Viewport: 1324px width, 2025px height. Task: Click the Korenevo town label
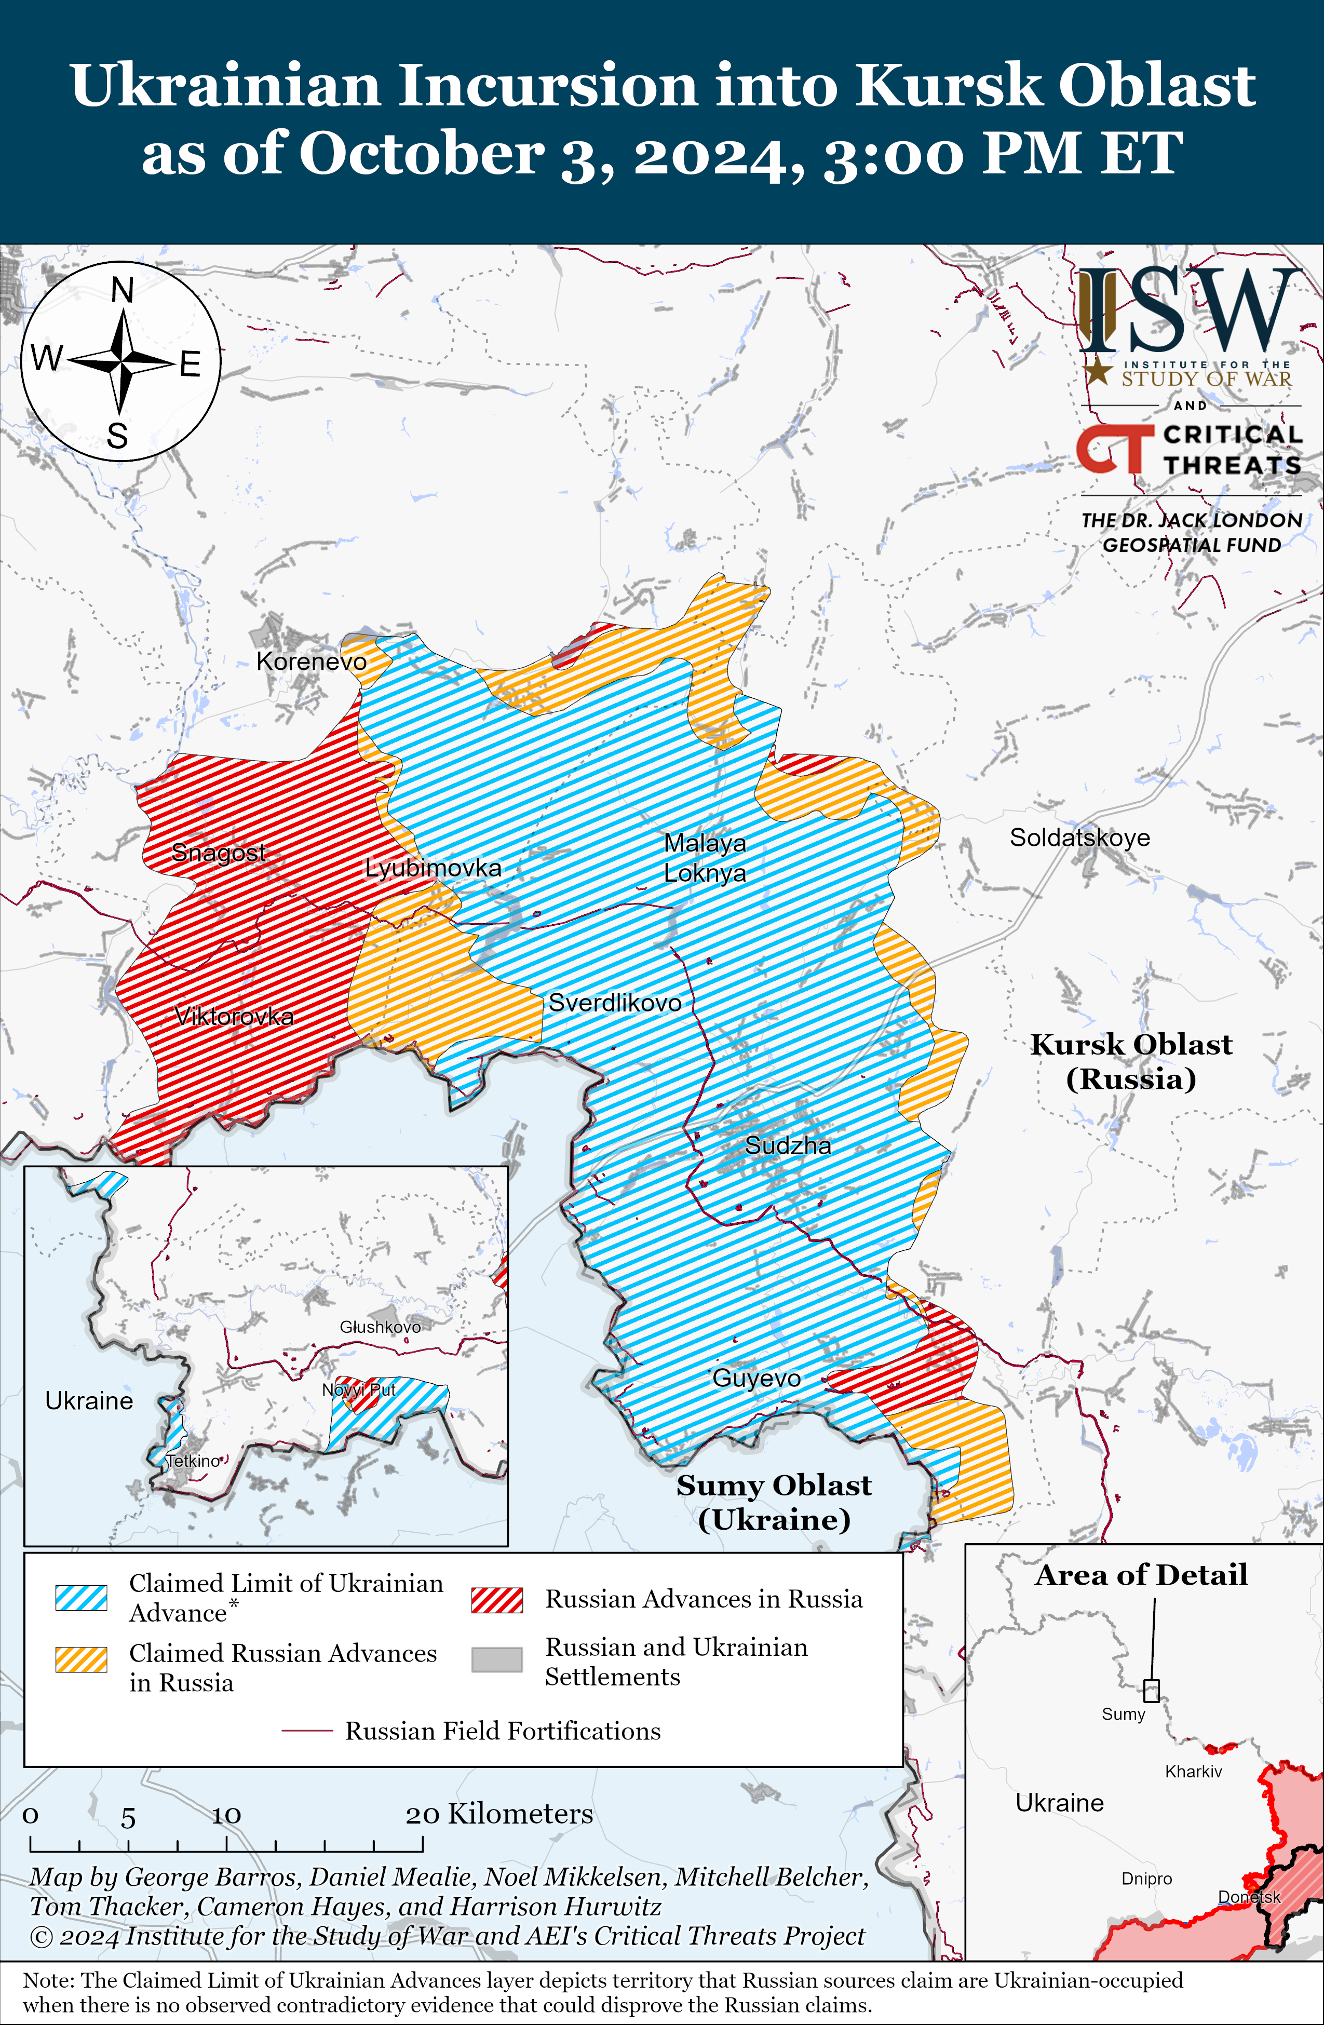pyautogui.click(x=312, y=661)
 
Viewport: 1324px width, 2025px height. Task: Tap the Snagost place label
pyautogui.click(x=219, y=852)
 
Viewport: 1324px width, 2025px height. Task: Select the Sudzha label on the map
pyautogui.click(x=788, y=1145)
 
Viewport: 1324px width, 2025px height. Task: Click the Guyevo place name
pyautogui.click(x=756, y=1378)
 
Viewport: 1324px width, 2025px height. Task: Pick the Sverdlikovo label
pyautogui.click(x=614, y=1002)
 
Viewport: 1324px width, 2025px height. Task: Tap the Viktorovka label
pyautogui.click(x=234, y=1016)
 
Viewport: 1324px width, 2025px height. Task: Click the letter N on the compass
pyautogui.click(x=123, y=291)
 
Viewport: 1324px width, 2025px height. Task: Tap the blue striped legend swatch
pyautogui.click(x=81, y=1597)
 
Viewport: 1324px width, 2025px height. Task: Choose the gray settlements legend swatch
pyautogui.click(x=497, y=1659)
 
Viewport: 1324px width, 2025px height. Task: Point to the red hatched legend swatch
pyautogui.click(x=497, y=1600)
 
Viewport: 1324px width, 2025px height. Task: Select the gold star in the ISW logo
pyautogui.click(x=1099, y=371)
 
